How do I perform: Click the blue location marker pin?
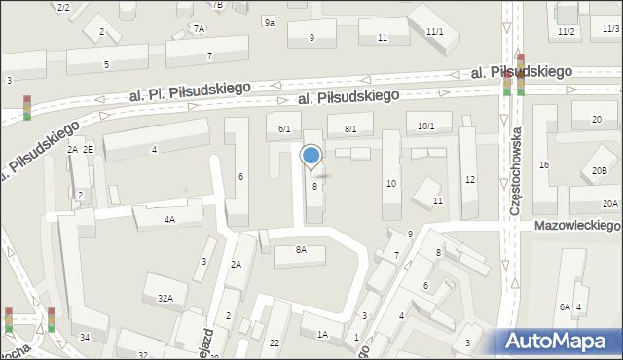(311, 156)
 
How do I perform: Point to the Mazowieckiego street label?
(576, 225)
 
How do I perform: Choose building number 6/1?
(284, 128)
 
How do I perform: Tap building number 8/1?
(350, 128)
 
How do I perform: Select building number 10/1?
(426, 126)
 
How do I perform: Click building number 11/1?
(434, 32)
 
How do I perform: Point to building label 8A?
(301, 250)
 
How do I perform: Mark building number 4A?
(169, 219)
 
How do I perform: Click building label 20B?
(599, 171)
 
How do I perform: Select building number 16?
(544, 164)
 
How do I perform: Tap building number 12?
(470, 179)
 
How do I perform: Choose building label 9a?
(269, 21)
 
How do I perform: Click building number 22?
(275, 342)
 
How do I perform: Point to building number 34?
(86, 337)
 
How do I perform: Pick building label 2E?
(88, 149)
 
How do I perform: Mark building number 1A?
(322, 334)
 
